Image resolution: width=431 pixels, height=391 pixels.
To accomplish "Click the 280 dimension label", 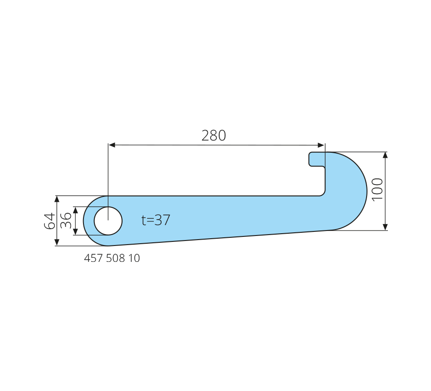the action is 214,135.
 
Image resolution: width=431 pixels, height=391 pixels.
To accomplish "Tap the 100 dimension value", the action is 377,190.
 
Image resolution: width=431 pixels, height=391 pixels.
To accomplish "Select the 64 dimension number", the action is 50,221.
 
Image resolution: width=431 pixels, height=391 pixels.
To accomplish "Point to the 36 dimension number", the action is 66,221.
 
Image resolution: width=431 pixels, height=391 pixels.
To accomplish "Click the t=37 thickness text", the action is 156,220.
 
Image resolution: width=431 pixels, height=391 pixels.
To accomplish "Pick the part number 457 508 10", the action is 112,258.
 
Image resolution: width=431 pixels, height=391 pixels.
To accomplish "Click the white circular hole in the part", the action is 108,221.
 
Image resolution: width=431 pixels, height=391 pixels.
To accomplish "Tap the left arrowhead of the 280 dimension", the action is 112,145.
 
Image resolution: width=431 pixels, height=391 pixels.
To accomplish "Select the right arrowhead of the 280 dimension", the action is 321,145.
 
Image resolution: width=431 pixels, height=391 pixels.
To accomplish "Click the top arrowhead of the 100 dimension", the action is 385,155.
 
